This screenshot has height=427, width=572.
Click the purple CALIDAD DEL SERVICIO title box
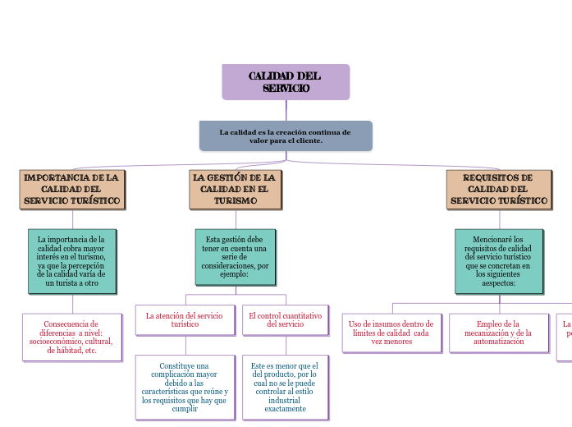(286, 82)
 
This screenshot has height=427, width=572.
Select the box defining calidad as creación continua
(286, 136)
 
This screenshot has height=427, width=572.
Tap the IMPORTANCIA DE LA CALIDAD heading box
(72, 189)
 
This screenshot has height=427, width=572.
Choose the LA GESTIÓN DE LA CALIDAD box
(235, 189)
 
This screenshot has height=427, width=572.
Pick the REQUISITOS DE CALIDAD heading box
(498, 189)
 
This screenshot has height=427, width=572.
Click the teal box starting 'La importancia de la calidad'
(72, 261)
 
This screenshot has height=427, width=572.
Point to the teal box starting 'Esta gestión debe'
(235, 257)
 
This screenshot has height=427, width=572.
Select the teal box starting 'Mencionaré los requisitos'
(498, 261)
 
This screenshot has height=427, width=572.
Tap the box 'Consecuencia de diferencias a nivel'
(72, 337)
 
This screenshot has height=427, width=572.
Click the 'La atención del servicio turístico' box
(185, 320)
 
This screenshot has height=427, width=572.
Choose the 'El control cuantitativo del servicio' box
(285, 320)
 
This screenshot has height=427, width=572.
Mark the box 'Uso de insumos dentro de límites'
(391, 333)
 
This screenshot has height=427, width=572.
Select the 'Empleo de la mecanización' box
(498, 333)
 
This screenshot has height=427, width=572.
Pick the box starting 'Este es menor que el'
(285, 387)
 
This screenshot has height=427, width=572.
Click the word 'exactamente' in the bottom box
(285, 408)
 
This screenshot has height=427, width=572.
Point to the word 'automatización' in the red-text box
(498, 342)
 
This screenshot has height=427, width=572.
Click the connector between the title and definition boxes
(286, 110)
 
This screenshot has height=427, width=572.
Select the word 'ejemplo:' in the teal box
(235, 274)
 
